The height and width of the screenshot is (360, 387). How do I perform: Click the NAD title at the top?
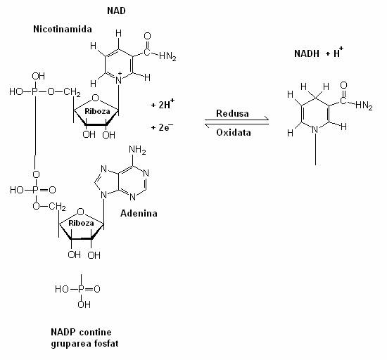[x=116, y=11]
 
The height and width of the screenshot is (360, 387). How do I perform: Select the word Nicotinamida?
[x=63, y=29]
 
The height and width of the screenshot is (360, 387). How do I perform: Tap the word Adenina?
[x=139, y=213]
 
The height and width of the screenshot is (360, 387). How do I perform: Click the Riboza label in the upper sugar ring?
[x=97, y=111]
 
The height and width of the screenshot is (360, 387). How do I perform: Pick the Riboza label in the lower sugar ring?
[x=81, y=223]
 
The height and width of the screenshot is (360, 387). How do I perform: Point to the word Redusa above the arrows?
[x=232, y=113]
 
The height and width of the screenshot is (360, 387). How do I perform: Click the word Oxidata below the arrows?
[x=234, y=132]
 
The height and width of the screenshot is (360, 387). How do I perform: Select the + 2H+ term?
[x=163, y=104]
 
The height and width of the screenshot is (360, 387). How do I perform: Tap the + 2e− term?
[x=162, y=127]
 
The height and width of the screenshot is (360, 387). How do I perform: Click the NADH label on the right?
[x=307, y=53]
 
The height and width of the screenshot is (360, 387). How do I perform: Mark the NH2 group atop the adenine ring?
[x=137, y=150]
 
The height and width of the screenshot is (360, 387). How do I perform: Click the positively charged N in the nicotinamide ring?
[x=119, y=80]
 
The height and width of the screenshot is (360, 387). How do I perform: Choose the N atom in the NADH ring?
[x=315, y=129]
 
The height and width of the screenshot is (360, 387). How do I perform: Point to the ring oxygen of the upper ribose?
[x=95, y=98]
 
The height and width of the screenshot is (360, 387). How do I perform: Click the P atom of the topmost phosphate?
[x=34, y=91]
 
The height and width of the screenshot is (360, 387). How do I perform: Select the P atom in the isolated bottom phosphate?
[x=81, y=289]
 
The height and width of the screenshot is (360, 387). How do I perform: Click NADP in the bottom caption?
[x=63, y=332]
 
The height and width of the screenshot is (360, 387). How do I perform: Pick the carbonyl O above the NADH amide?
[x=343, y=85]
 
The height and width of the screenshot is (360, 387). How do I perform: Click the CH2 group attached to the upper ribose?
[x=72, y=92]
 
